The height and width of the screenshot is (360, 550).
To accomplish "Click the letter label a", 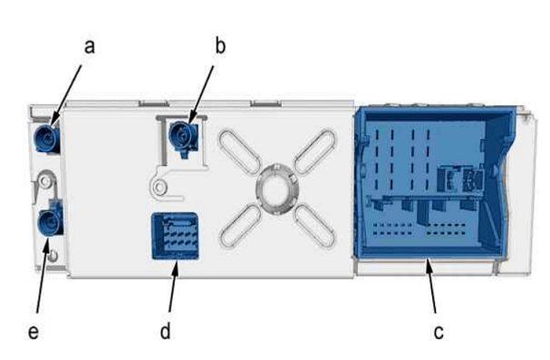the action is (x=90, y=46).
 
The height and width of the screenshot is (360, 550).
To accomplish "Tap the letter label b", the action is (x=220, y=45).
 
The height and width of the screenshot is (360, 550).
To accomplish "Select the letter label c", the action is (x=439, y=332).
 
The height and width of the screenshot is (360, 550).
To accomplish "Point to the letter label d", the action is (x=165, y=331).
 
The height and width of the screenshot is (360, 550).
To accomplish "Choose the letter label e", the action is (x=34, y=332).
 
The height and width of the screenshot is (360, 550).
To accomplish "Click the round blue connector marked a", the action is (x=47, y=138).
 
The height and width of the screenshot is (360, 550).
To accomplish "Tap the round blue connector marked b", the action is (x=183, y=137).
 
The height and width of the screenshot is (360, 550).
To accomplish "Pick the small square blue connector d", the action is (x=175, y=236).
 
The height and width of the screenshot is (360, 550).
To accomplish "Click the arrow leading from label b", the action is (x=201, y=94).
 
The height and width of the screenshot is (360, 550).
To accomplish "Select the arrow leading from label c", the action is (x=430, y=285).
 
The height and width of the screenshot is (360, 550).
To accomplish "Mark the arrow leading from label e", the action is (x=43, y=276).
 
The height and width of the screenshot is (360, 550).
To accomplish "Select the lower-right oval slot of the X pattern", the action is (x=314, y=226).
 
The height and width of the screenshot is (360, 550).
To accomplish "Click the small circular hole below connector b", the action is (x=159, y=187).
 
